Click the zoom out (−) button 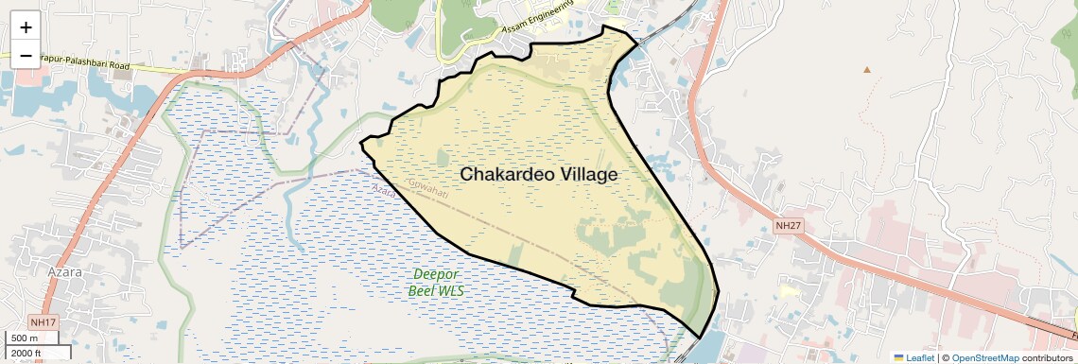[26, 55]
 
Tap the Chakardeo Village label [538, 175]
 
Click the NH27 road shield [787, 226]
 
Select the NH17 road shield [43, 323]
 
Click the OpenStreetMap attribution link [984, 357]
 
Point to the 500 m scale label [25, 338]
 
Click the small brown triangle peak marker [867, 69]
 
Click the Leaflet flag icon [898, 357]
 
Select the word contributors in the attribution [1047, 357]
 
